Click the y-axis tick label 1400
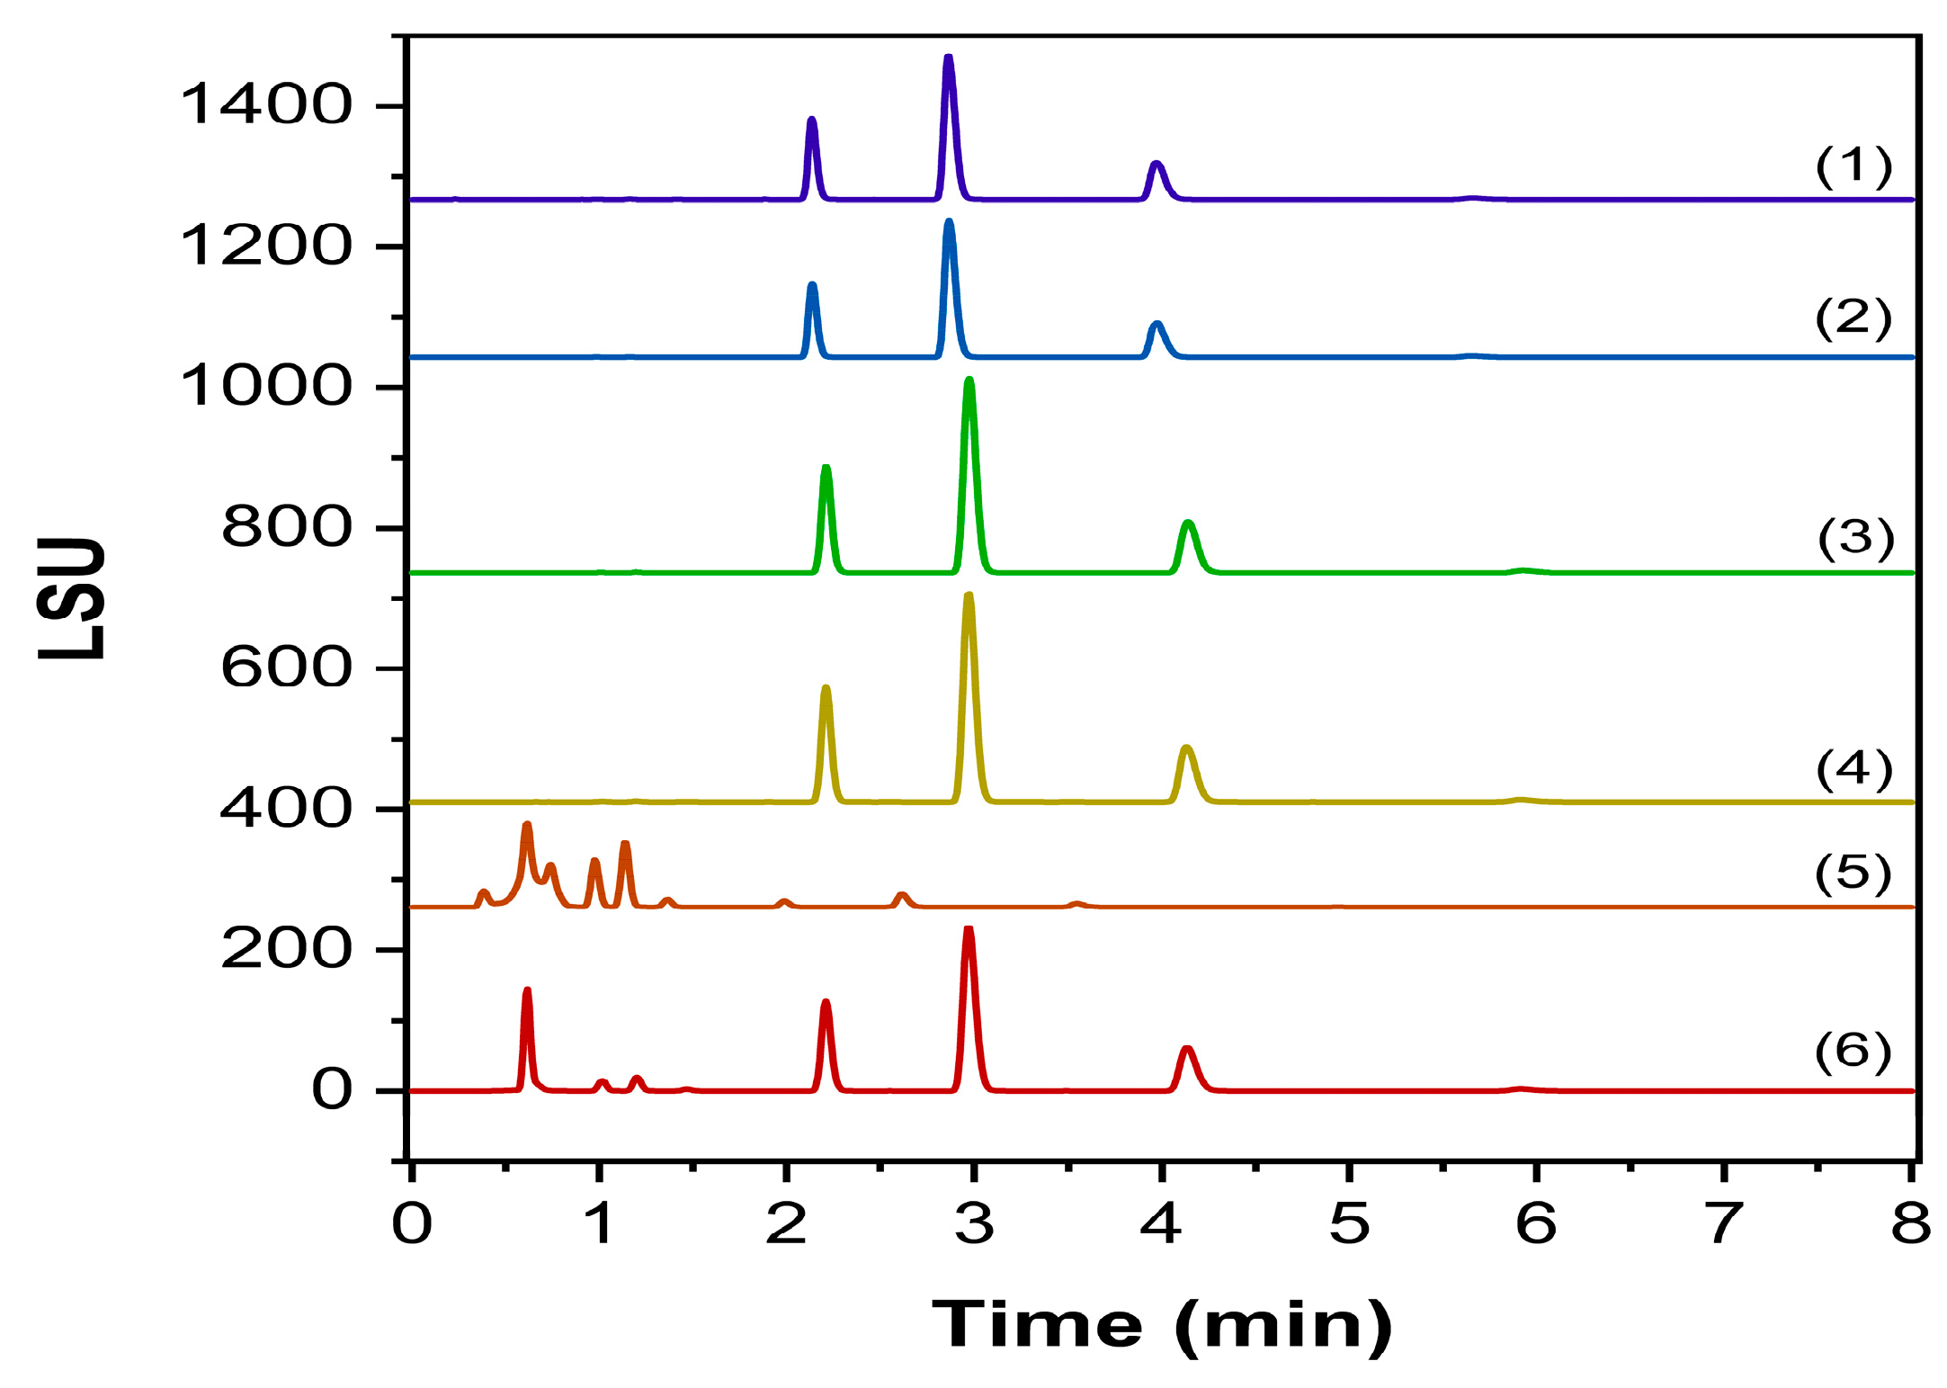point(266,104)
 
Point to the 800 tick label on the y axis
point(286,527)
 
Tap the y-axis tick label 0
point(332,1089)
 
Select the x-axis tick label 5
point(1349,1223)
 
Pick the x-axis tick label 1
point(598,1223)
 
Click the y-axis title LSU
point(72,598)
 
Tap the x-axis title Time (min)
point(1162,1325)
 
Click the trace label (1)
point(1853,166)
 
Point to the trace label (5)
point(1853,873)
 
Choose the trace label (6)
point(1853,1052)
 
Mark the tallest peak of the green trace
point(969,381)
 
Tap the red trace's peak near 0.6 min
point(527,991)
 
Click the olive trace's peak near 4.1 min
point(1186,748)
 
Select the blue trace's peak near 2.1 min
point(812,286)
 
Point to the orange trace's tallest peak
point(527,825)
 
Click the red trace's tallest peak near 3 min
point(969,929)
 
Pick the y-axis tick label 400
point(286,808)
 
